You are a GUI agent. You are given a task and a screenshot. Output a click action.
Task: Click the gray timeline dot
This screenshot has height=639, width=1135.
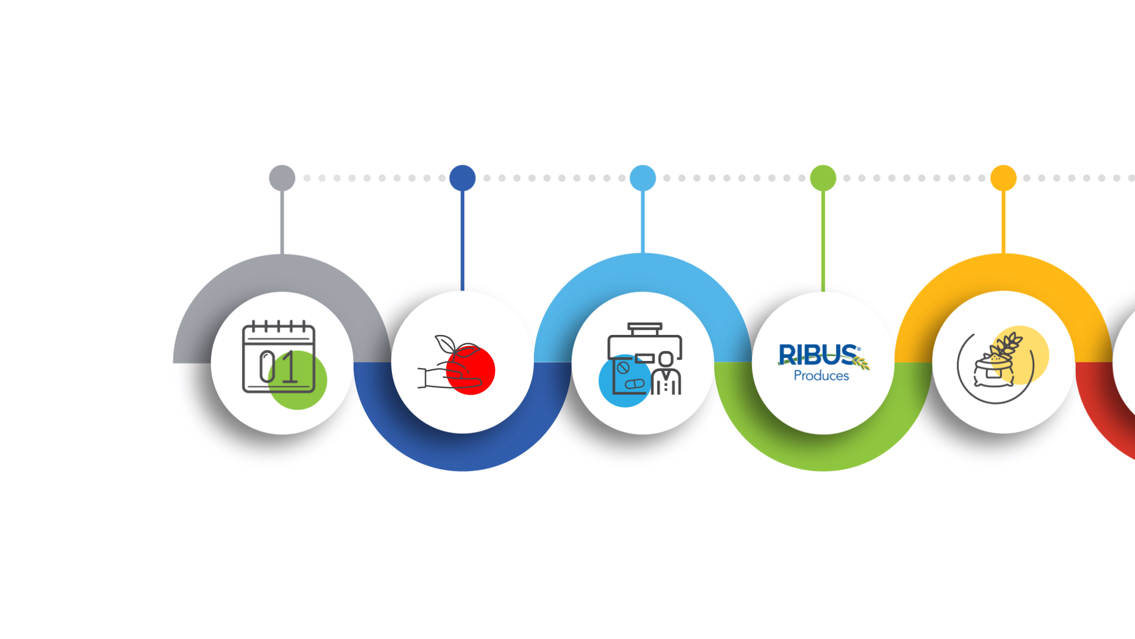[282, 178]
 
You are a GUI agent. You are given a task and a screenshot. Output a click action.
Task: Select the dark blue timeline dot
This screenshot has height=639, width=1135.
[462, 178]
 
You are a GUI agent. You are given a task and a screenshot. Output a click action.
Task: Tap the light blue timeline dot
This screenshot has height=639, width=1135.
[643, 178]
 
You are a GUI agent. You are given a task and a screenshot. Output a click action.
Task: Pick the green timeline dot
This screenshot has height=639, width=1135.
[823, 178]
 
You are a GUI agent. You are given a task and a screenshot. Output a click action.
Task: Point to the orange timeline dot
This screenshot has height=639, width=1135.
[1003, 178]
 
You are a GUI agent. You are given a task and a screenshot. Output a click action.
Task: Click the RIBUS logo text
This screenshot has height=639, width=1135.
[819, 355]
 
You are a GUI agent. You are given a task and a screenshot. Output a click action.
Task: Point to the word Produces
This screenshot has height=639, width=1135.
[821, 376]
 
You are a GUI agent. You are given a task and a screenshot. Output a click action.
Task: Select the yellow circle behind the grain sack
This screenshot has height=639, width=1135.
[1032, 349]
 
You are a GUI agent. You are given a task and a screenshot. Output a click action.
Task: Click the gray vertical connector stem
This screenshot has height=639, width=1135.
[282, 222]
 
